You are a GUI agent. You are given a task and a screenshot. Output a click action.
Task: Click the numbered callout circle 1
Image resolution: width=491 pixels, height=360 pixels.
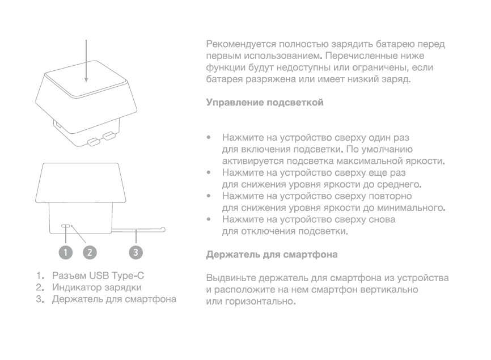click(x=66, y=252)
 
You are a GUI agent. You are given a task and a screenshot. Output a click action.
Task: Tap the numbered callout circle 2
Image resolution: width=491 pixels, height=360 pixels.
click(x=90, y=252)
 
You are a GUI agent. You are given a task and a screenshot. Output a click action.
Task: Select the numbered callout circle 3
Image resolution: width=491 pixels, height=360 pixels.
click(x=136, y=252)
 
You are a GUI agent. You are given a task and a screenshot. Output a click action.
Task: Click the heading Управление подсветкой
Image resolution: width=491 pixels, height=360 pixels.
click(x=265, y=103)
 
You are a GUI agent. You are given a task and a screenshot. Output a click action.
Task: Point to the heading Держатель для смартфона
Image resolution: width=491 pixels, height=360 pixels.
click(x=272, y=254)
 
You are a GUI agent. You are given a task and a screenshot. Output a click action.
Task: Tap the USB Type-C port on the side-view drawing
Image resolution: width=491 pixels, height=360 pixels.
click(x=66, y=226)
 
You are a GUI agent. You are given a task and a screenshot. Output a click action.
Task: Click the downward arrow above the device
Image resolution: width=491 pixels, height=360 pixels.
click(x=86, y=61)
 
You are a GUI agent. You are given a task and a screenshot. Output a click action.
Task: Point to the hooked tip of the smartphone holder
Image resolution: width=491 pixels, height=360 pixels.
click(x=163, y=229)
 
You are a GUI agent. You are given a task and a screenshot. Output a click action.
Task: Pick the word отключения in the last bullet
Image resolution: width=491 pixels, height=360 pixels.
click(x=258, y=231)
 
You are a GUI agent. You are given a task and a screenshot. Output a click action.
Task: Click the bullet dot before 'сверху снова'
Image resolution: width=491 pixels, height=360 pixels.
click(x=209, y=219)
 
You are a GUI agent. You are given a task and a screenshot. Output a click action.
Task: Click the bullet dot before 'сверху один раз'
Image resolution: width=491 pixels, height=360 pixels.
click(x=209, y=137)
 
